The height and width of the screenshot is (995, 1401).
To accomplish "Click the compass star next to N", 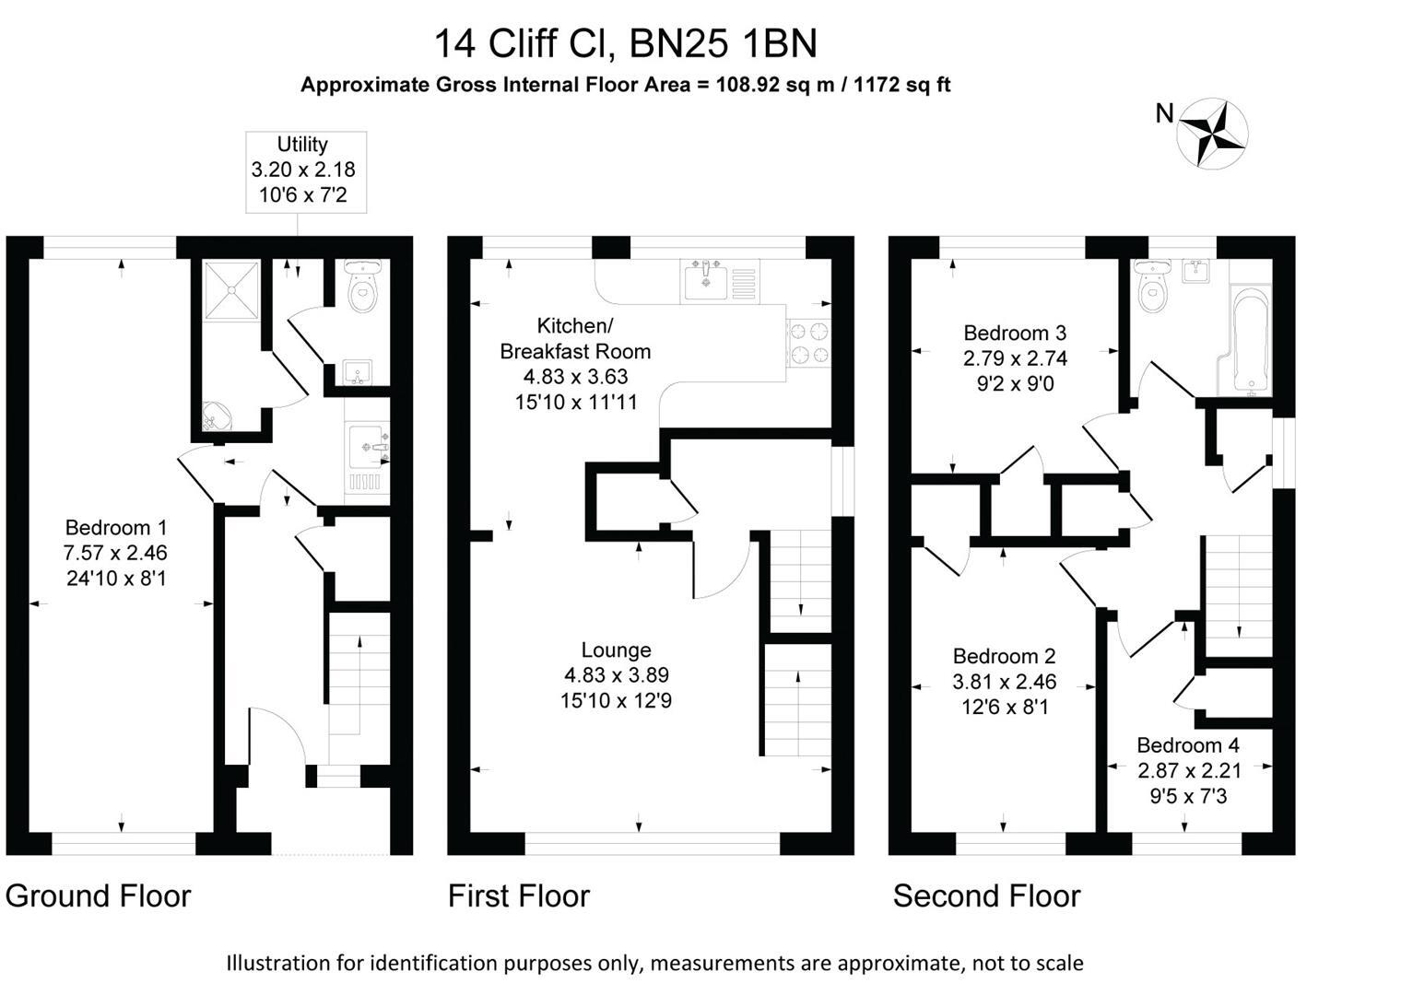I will point(1214,134).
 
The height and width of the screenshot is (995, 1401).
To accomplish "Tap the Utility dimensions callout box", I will point(305,171).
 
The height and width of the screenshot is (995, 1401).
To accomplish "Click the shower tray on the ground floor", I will point(226,288).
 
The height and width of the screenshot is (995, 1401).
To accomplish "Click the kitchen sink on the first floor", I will point(708,279).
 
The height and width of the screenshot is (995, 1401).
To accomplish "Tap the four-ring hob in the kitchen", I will point(808,343).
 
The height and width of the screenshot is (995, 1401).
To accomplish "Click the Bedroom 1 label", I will point(116,528).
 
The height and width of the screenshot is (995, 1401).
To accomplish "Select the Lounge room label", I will point(616,650).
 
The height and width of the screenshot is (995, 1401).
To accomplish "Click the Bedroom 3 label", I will point(1015,333).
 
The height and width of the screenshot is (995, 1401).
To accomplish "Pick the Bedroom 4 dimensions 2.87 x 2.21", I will point(1189,770).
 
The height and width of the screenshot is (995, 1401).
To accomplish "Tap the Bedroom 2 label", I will point(1004,656).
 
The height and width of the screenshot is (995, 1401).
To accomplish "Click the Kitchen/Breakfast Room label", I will point(575,338).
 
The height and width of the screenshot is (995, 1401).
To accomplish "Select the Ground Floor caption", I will point(98,895).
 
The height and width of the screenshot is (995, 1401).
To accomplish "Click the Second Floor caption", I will point(986,895).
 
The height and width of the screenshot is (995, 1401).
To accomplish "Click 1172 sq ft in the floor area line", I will point(902,85).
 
